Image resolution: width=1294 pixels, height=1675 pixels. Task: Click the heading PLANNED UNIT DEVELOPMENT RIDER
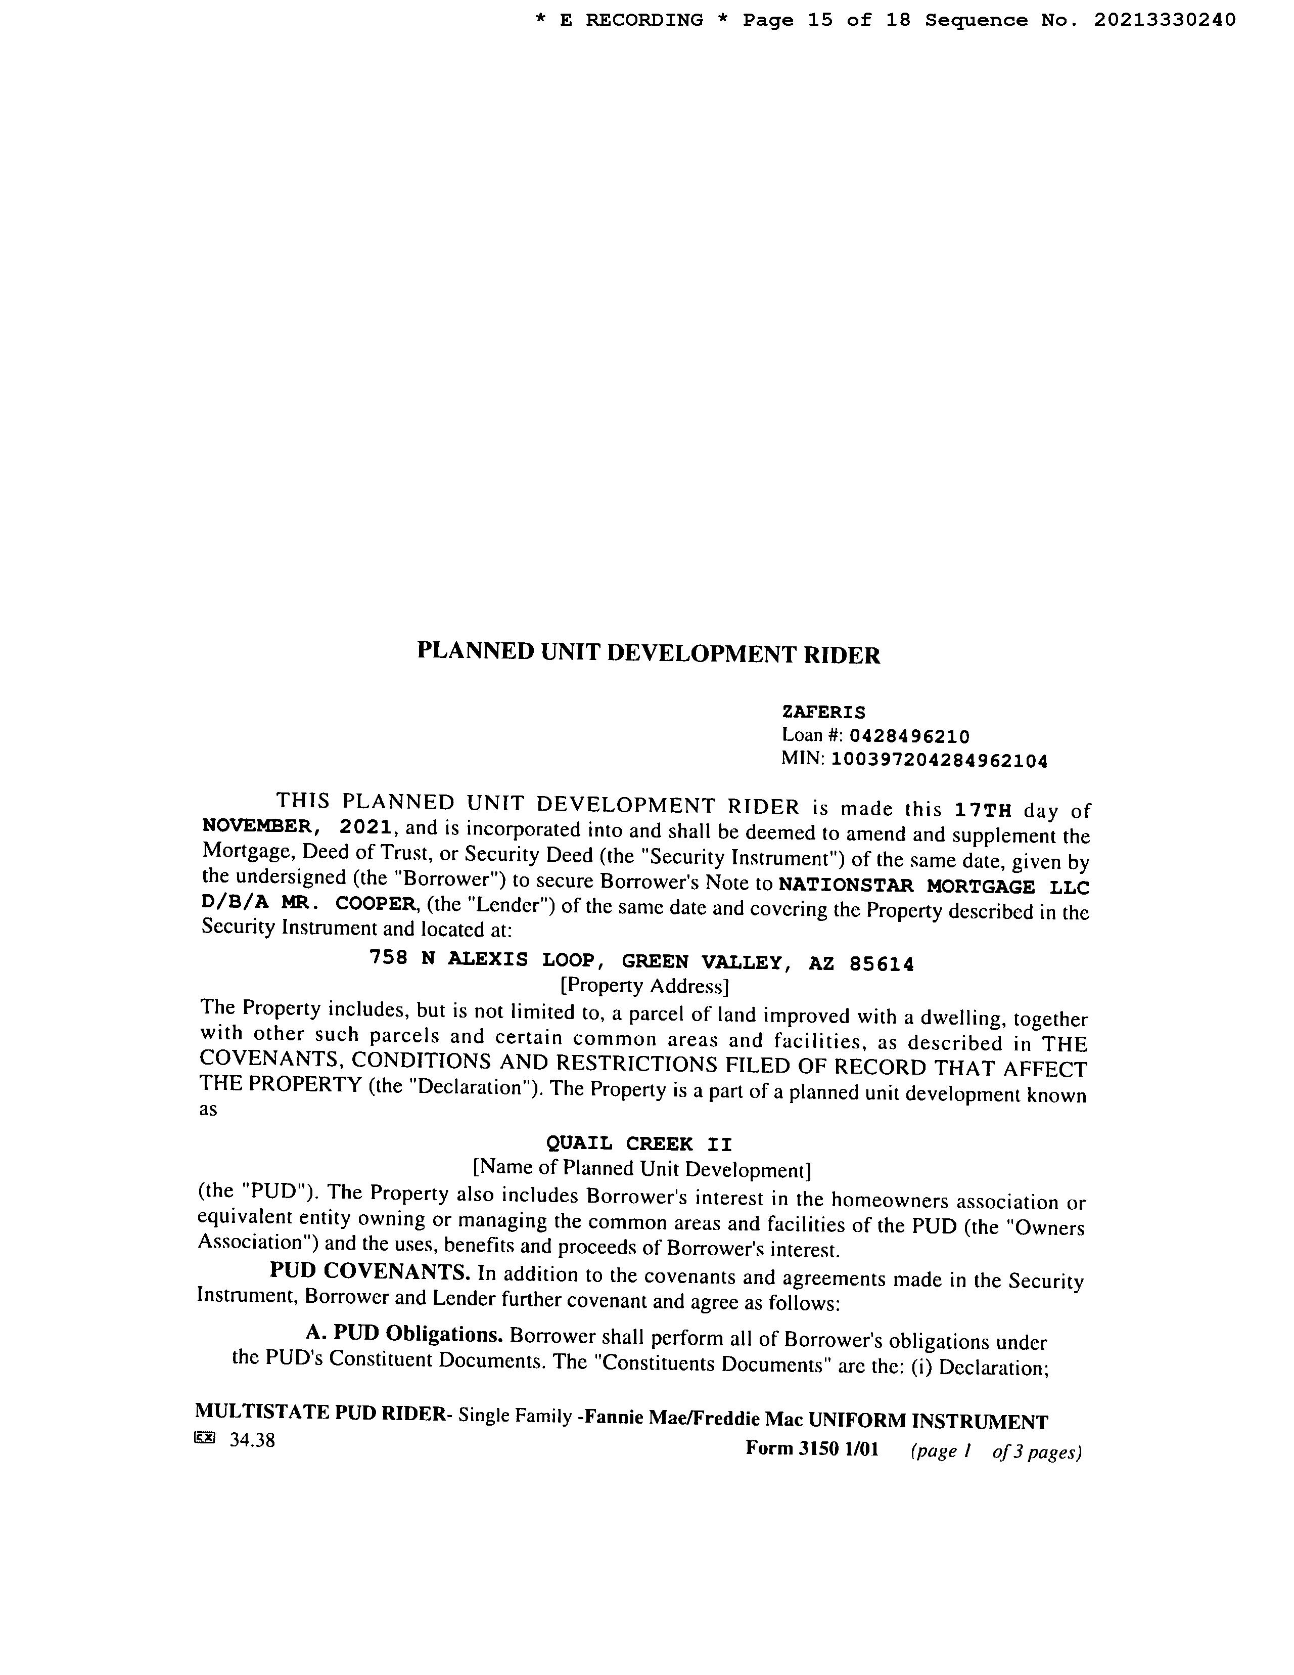[649, 653]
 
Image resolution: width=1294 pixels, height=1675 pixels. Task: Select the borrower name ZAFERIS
[823, 713]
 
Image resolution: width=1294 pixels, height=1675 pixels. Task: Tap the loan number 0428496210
[909, 737]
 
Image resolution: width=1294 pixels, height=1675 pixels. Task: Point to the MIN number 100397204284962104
[939, 761]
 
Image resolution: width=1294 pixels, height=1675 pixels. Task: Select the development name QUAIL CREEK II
[638, 1143]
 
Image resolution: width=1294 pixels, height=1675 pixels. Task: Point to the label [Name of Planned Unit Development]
[641, 1168]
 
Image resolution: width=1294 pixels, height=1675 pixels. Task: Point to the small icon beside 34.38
[205, 1437]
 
